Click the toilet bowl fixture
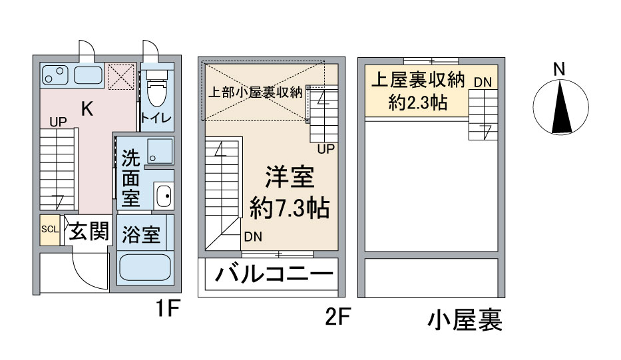pyautogui.click(x=157, y=88)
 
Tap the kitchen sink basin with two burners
pyautogui.click(x=55, y=75)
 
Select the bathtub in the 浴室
pyautogui.click(x=145, y=268)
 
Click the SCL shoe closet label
pyautogui.click(x=50, y=230)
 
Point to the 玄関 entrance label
pyautogui.click(x=89, y=231)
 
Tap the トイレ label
pyautogui.click(x=157, y=118)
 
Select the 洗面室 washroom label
pyautogui.click(x=130, y=178)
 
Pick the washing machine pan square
pyautogui.click(x=160, y=151)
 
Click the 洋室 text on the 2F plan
pyautogui.click(x=290, y=177)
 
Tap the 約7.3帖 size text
pyautogui.click(x=290, y=208)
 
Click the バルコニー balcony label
pyautogui.click(x=274, y=274)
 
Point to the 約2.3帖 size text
pyautogui.click(x=418, y=103)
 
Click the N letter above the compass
pyautogui.click(x=559, y=69)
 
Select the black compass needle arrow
pyautogui.click(x=562, y=106)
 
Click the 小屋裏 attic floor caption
pyautogui.click(x=465, y=320)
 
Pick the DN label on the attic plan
pyautogui.click(x=483, y=83)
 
